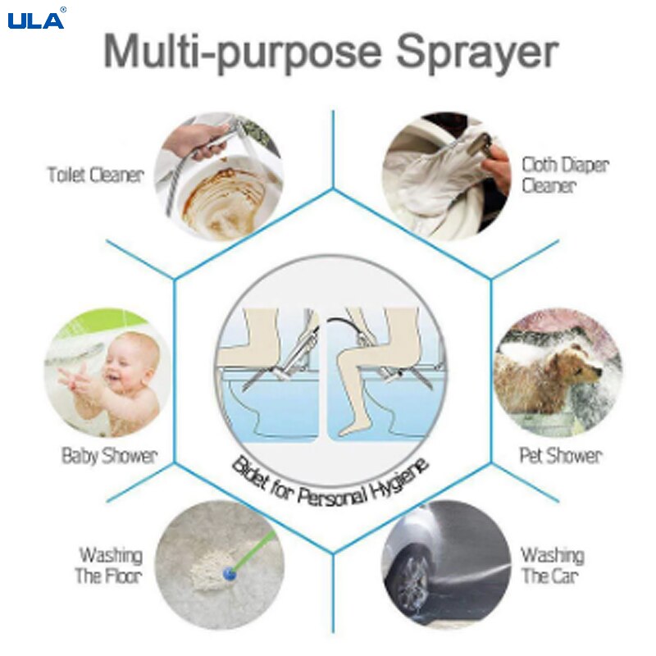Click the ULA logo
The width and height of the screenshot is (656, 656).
[36, 19]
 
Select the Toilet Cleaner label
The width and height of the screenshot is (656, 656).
[95, 175]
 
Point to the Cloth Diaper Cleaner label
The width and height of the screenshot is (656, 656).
[565, 175]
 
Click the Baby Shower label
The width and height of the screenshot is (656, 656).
[109, 455]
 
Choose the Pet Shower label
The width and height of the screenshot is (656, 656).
[560, 455]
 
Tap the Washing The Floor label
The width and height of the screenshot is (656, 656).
[109, 566]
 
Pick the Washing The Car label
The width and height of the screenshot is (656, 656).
[553, 566]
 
